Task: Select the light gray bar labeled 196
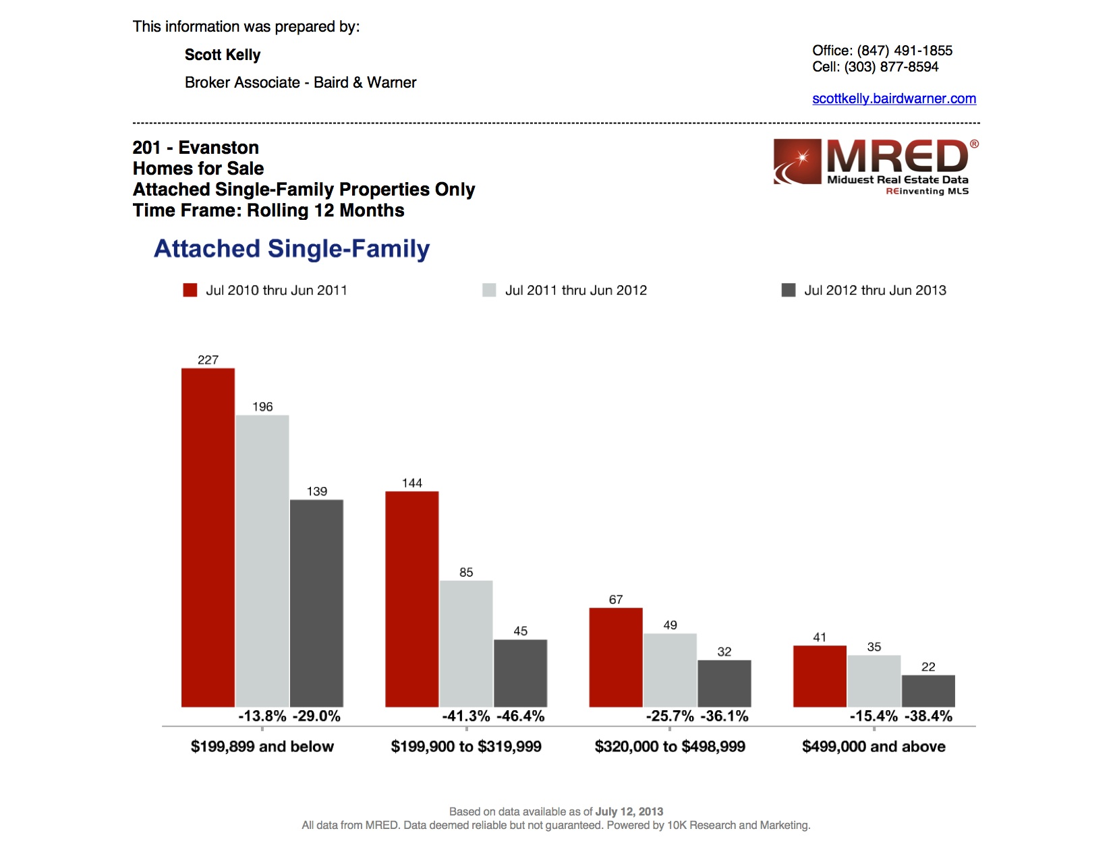(262, 561)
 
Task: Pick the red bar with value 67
(616, 657)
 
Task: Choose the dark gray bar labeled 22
(928, 691)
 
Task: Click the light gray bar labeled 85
(466, 643)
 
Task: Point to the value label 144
(411, 483)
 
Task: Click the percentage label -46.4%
(521, 716)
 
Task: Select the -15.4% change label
(874, 716)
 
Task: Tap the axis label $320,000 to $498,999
(670, 747)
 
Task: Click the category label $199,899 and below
(262, 747)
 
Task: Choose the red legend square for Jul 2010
(190, 290)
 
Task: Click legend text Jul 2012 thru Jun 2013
(875, 290)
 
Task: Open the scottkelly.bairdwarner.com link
(894, 98)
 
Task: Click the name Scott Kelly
(223, 55)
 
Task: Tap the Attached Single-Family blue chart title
(291, 249)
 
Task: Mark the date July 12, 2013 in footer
(629, 811)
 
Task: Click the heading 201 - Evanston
(196, 148)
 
